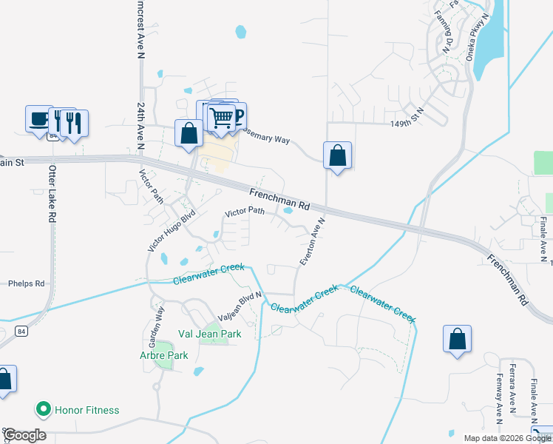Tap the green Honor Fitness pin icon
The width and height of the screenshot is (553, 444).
(x=43, y=409)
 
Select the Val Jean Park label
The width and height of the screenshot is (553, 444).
(x=209, y=334)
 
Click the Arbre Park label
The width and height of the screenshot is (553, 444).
(x=164, y=355)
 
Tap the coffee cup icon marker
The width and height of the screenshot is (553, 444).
(x=39, y=118)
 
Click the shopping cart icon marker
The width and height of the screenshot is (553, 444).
(x=220, y=117)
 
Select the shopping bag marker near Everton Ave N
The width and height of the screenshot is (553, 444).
(x=337, y=155)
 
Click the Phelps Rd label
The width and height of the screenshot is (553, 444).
(x=26, y=283)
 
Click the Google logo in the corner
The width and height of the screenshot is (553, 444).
(x=25, y=435)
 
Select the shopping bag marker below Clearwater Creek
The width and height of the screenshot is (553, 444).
(x=458, y=340)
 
